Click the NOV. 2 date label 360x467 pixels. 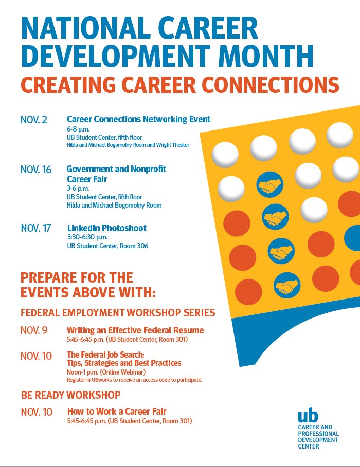34,120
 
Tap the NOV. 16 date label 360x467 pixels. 36,170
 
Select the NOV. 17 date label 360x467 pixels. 36,228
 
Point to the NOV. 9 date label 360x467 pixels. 34,330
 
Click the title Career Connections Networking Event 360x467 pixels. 138,119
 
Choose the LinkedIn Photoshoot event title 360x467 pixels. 107,228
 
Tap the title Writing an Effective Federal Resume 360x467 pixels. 135,330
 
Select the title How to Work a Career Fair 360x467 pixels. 117,411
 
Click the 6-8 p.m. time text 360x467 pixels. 77,129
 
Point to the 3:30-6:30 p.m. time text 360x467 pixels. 87,237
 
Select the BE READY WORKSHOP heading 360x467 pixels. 71,395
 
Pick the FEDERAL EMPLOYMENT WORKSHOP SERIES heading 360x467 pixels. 118,312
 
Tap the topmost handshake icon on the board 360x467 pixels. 269,184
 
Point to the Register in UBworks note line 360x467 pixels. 135,380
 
